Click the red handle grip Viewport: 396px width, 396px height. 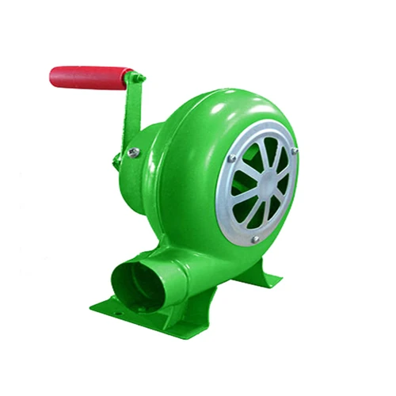[89, 77]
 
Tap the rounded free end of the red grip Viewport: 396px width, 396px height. [55, 78]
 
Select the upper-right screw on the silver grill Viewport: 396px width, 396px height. [295, 149]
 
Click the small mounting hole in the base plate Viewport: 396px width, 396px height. [117, 314]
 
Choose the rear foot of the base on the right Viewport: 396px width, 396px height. [269, 279]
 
